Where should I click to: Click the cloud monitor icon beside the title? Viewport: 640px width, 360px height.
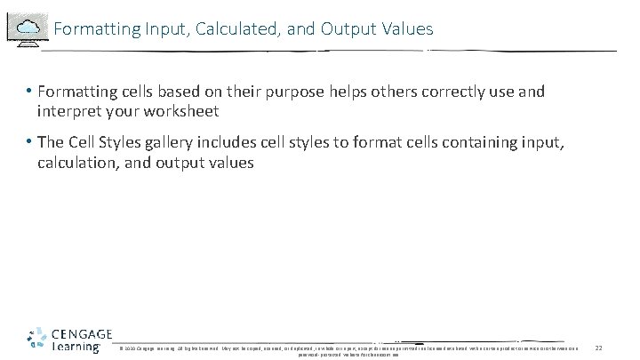(26, 27)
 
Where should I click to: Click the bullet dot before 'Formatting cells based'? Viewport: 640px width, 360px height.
(29, 92)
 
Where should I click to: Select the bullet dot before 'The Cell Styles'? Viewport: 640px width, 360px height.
(29, 143)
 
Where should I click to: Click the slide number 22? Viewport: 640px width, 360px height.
(599, 347)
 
